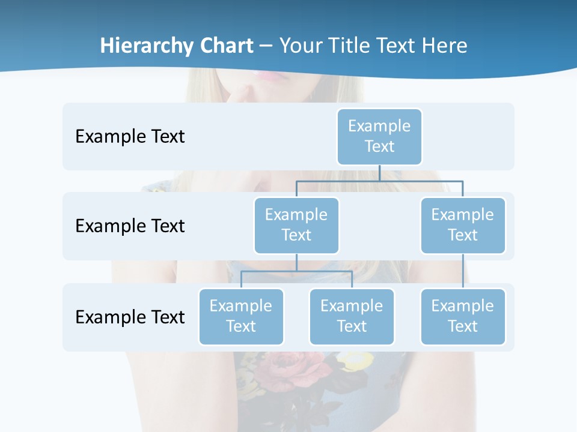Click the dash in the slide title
(x=266, y=46)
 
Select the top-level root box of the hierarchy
(x=379, y=136)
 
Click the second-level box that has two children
(x=296, y=225)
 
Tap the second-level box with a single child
(x=463, y=225)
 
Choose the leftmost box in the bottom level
(x=241, y=316)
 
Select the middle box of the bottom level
(x=352, y=316)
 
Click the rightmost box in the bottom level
(x=463, y=316)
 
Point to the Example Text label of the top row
(x=130, y=137)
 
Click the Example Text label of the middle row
(x=130, y=226)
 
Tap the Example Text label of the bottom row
(x=130, y=317)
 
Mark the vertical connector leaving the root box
(x=379, y=173)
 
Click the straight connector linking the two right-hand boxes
(x=463, y=271)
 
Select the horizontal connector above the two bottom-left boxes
(x=296, y=271)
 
